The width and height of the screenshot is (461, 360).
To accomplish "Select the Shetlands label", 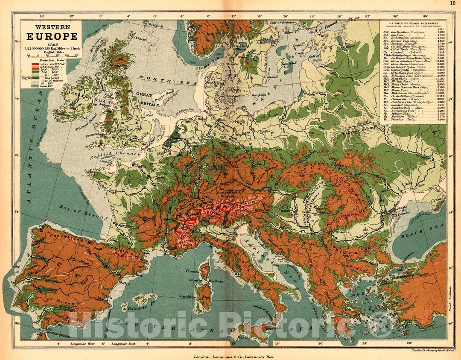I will pos(155,25).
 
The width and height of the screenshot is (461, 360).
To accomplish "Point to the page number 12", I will pos(452,3).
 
